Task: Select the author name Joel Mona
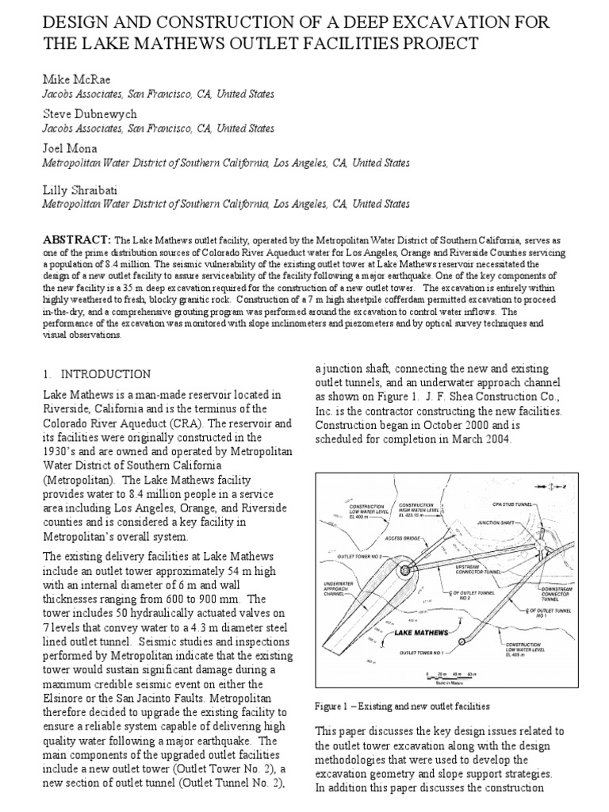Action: (69, 148)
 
